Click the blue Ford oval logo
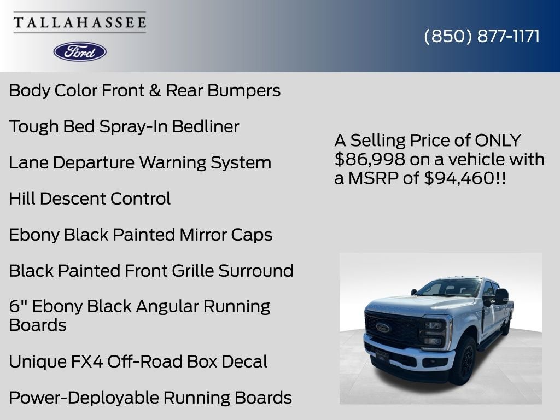[x=80, y=51]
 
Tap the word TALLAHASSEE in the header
[x=80, y=23]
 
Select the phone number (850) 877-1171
[x=482, y=36]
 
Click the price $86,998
[x=370, y=159]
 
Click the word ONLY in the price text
[x=498, y=141]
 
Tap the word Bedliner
[x=206, y=126]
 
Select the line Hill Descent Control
[x=90, y=199]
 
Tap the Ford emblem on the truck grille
[x=382, y=327]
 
